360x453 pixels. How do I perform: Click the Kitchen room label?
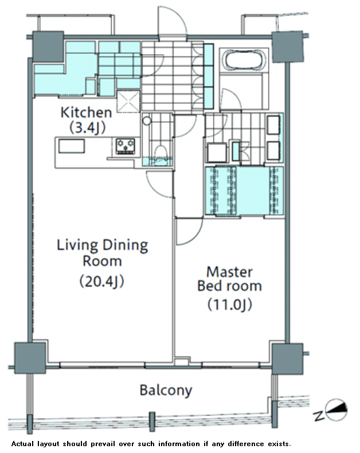(x=86, y=112)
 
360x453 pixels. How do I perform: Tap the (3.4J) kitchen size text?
(x=87, y=127)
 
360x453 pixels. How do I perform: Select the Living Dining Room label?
(x=102, y=253)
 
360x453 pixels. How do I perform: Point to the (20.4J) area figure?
(x=101, y=281)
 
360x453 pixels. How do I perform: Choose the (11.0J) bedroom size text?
(x=230, y=304)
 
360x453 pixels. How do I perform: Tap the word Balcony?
(x=166, y=390)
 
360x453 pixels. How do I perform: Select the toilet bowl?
(x=160, y=152)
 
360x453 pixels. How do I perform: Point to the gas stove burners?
(x=126, y=146)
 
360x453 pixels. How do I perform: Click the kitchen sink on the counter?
(x=72, y=146)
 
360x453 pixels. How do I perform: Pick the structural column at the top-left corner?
(x=48, y=46)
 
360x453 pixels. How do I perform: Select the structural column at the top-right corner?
(x=288, y=47)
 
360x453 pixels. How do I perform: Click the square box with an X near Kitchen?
(x=128, y=101)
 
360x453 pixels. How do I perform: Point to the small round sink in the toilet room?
(x=147, y=120)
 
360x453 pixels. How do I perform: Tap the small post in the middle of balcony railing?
(x=152, y=422)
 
